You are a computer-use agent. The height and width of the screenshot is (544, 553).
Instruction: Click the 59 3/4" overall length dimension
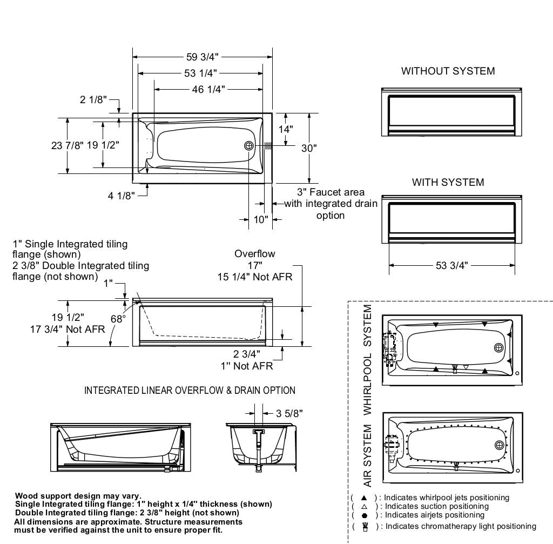click(203, 57)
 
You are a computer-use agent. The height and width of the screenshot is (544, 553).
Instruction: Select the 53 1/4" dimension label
click(200, 73)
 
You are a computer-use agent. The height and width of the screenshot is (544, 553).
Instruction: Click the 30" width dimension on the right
click(309, 148)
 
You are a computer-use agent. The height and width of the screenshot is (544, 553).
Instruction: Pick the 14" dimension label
click(286, 130)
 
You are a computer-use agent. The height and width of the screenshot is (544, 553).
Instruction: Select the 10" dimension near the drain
click(261, 219)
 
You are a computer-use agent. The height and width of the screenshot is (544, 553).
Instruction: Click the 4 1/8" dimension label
click(120, 196)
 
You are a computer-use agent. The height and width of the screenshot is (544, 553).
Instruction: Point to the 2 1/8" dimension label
click(93, 100)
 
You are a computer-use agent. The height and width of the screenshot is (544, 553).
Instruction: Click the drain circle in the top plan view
click(249, 146)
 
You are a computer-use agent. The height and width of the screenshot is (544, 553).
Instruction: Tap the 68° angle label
click(118, 319)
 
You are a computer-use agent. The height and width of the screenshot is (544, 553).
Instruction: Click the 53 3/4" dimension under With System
click(451, 265)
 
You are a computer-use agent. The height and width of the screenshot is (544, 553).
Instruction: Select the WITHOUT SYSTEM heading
click(448, 71)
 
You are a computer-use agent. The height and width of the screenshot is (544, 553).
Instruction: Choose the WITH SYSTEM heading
click(448, 182)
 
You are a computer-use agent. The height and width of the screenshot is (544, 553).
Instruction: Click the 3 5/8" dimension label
click(289, 413)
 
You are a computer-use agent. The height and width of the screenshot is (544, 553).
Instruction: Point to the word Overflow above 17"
click(255, 253)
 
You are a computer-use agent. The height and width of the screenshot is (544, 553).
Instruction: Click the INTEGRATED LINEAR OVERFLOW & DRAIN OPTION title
click(190, 390)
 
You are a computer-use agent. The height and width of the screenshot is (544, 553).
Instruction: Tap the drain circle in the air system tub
click(499, 445)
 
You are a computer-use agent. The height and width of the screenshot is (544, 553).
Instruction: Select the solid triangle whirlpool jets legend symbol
click(364, 498)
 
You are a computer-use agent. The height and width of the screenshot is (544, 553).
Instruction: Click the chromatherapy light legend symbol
click(364, 526)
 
